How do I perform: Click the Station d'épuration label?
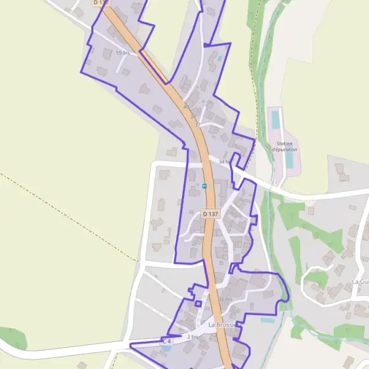(x=284, y=146)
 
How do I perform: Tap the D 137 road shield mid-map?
(x=210, y=214)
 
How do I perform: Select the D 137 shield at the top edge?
(x=99, y=3)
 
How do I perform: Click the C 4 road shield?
(x=167, y=341)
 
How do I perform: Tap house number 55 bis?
(x=123, y=53)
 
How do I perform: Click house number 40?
(x=186, y=106)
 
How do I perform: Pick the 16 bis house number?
(x=226, y=300)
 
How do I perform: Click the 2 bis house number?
(x=193, y=336)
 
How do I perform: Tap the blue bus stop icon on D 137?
(x=204, y=185)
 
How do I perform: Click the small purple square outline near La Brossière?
(x=198, y=303)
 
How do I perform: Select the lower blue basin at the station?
(x=289, y=159)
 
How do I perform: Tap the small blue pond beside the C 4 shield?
(x=165, y=347)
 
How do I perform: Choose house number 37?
(x=197, y=125)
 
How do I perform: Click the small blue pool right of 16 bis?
(x=267, y=320)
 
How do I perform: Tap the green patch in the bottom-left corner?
(x=12, y=339)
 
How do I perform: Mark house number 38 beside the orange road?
(x=192, y=116)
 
